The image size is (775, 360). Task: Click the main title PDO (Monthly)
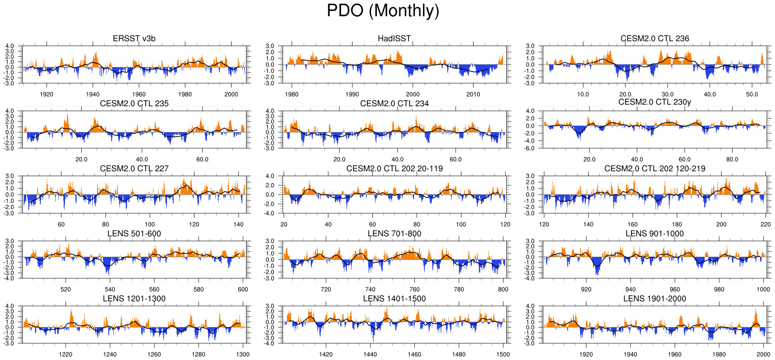(383, 11)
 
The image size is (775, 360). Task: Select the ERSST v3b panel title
(134, 39)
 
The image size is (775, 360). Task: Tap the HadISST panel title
(394, 39)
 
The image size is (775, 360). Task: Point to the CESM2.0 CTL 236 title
(655, 39)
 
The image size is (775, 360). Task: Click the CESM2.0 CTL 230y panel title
(655, 102)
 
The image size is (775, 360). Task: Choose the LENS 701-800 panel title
(394, 234)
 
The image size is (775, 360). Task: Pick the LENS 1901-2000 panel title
(655, 299)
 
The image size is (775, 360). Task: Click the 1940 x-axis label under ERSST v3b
(92, 95)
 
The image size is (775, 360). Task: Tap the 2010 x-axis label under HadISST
(473, 95)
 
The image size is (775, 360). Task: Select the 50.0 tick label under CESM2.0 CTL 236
(752, 95)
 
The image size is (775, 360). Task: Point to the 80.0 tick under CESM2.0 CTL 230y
(732, 160)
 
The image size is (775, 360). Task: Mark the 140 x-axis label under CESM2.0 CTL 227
(238, 225)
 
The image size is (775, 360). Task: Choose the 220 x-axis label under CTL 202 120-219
(765, 225)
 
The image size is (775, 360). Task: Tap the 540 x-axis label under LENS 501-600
(110, 290)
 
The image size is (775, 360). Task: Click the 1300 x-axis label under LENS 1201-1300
(243, 355)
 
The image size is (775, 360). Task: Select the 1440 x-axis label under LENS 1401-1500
(370, 355)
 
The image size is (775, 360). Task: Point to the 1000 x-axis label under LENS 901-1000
(763, 290)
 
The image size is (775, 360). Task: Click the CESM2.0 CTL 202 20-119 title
(394, 169)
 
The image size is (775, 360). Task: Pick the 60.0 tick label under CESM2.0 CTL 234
(456, 160)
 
